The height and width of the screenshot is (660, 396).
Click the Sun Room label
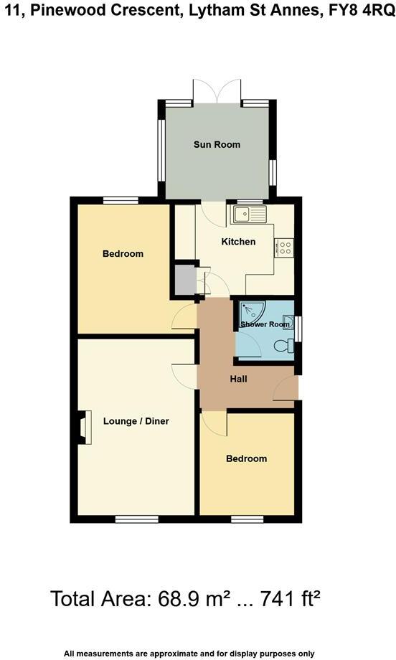tap(217, 144)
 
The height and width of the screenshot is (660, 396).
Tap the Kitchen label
tap(238, 242)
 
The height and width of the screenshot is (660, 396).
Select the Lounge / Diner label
tap(136, 421)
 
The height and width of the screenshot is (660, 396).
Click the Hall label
tap(239, 378)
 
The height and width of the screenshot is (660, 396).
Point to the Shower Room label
tap(265, 324)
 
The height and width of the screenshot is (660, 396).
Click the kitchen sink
tap(248, 214)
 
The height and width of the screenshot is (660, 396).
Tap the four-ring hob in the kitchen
tap(285, 247)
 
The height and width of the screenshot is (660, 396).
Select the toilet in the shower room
tap(288, 346)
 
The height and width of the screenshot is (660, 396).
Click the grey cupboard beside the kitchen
tap(186, 280)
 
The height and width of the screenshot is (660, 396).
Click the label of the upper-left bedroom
tap(123, 253)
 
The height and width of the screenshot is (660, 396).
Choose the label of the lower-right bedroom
tap(246, 458)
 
